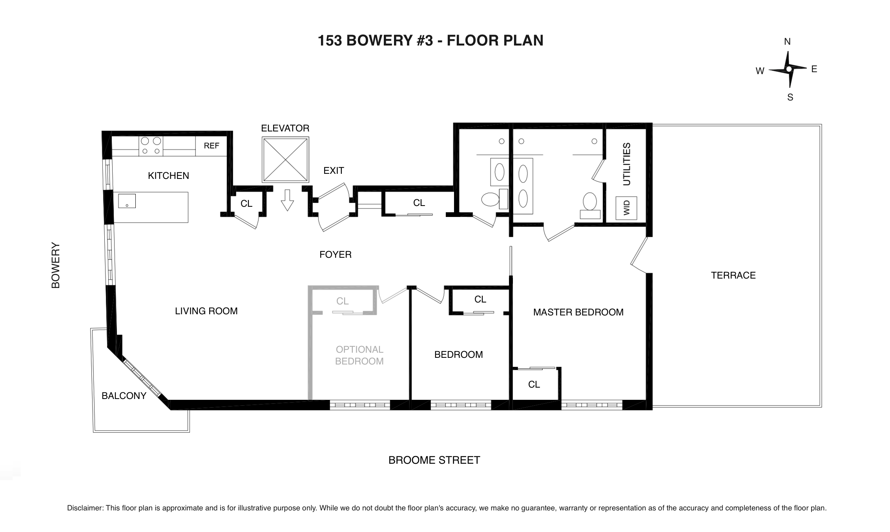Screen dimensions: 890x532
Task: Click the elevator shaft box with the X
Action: pos(285,160)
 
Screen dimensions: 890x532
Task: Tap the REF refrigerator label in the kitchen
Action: pos(212,146)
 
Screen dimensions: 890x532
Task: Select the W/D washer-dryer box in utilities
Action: pos(626,208)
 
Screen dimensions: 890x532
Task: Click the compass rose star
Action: pos(789,69)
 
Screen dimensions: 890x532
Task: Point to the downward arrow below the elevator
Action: pos(288,200)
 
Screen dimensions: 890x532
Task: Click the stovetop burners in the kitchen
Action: pos(151,146)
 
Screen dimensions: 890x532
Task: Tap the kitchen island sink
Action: pos(127,201)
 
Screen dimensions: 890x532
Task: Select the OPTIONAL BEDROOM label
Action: pos(359,355)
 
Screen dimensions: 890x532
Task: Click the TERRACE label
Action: pos(733,275)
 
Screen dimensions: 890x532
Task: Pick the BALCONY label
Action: pos(124,395)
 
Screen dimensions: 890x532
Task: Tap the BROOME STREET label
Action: pos(434,460)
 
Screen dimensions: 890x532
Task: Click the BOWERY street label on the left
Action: pos(56,265)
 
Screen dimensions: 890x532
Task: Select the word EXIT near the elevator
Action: pos(334,170)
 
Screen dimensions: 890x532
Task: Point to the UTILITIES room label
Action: pos(627,164)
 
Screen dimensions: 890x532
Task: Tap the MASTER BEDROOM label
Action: pos(578,312)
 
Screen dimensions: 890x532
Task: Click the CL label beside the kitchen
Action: pos(246,203)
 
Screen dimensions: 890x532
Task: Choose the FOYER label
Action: pos(336,254)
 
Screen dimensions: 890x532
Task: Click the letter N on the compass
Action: pos(787,42)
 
